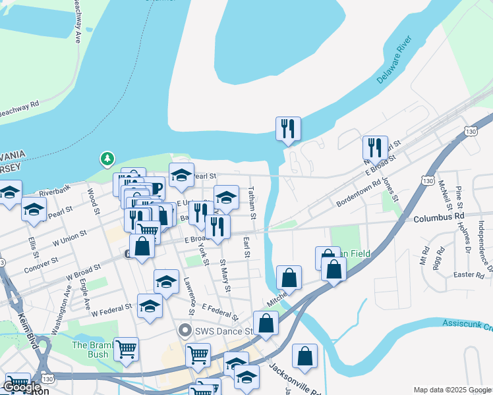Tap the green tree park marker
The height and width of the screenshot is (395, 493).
[107, 159]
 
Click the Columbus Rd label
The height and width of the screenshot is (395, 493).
[446, 216]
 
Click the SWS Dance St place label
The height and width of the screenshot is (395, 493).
[217, 330]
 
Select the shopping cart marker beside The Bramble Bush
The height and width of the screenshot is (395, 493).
[126, 348]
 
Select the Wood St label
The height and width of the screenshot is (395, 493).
[92, 201]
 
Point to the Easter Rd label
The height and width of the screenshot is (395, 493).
[469, 274]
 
